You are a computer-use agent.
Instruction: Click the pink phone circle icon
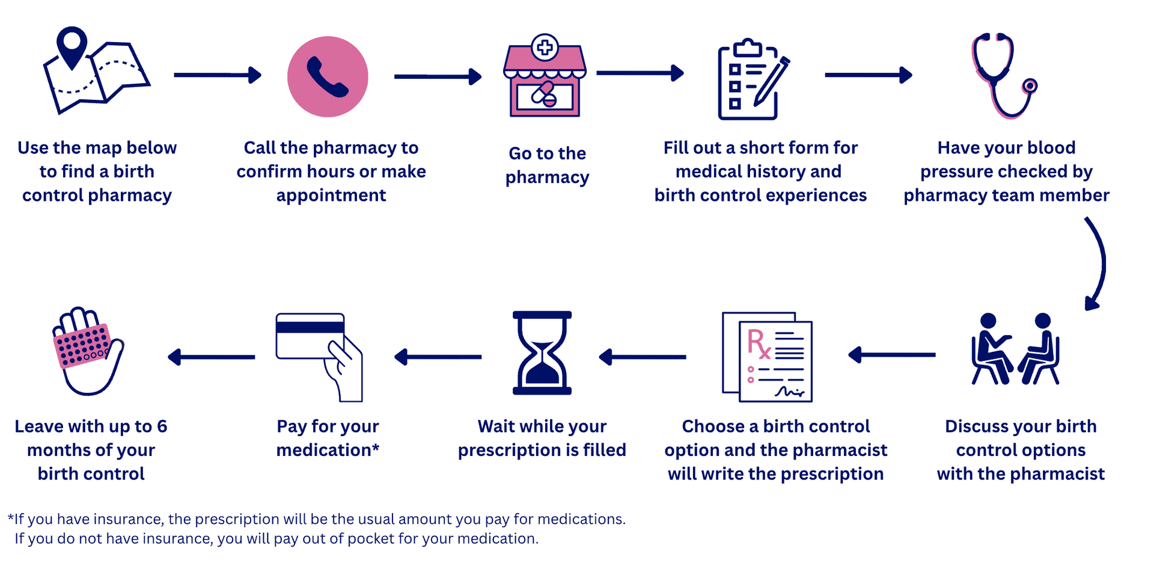pyautogui.click(x=328, y=76)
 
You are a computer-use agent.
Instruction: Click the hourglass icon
pyautogui.click(x=542, y=352)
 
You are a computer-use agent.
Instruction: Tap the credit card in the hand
pyautogui.click(x=310, y=336)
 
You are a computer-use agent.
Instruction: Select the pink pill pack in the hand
pyautogui.click(x=83, y=345)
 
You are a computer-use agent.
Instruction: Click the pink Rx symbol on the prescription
pyautogui.click(x=759, y=343)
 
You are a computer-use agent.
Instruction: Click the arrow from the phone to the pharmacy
pyautogui.click(x=438, y=76)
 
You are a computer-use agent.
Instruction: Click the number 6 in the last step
pyautogui.click(x=162, y=426)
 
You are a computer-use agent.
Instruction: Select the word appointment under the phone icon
pyautogui.click(x=331, y=195)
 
